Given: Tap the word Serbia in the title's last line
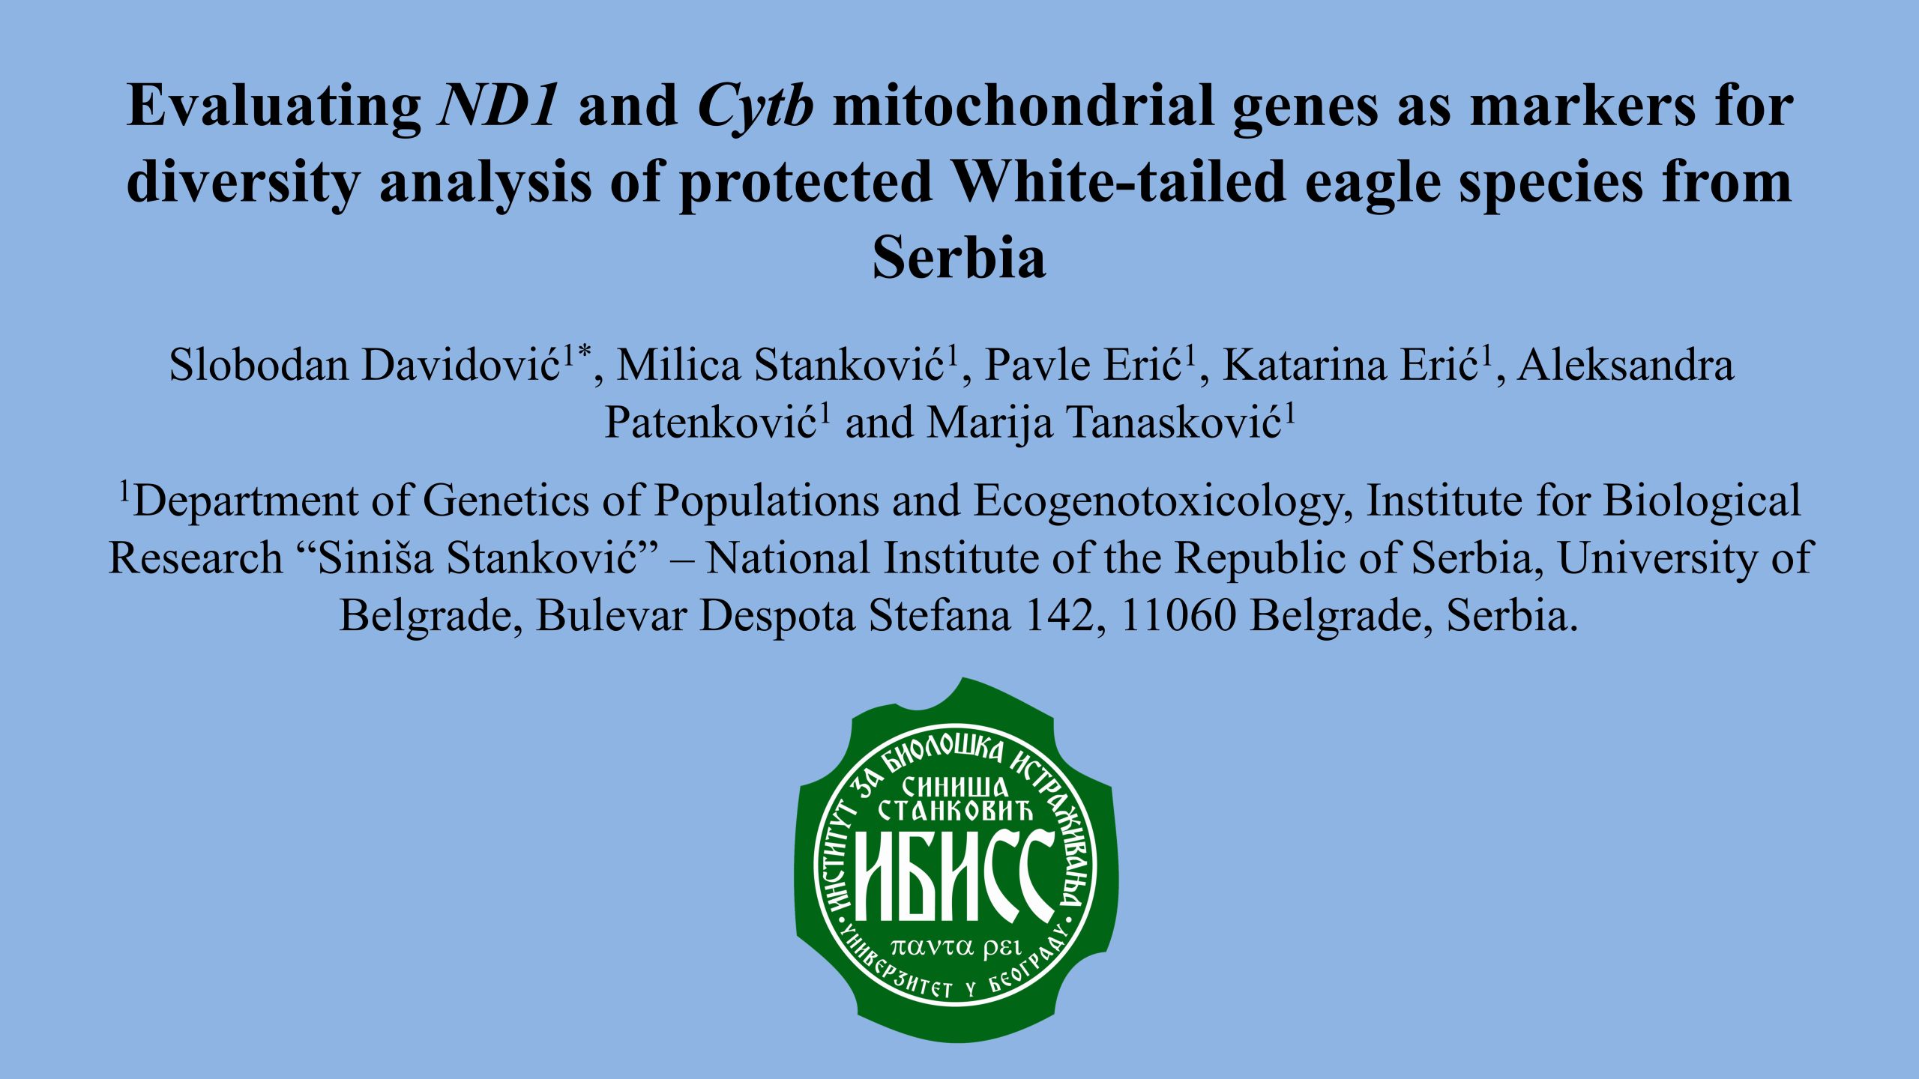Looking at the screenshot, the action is (959, 257).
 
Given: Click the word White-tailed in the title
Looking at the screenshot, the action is (1118, 181).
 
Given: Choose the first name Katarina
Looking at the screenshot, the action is (1304, 365).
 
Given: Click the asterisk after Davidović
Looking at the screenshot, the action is (584, 351).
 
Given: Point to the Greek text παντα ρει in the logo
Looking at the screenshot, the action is (957, 947).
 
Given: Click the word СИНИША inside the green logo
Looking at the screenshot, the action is (955, 787).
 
